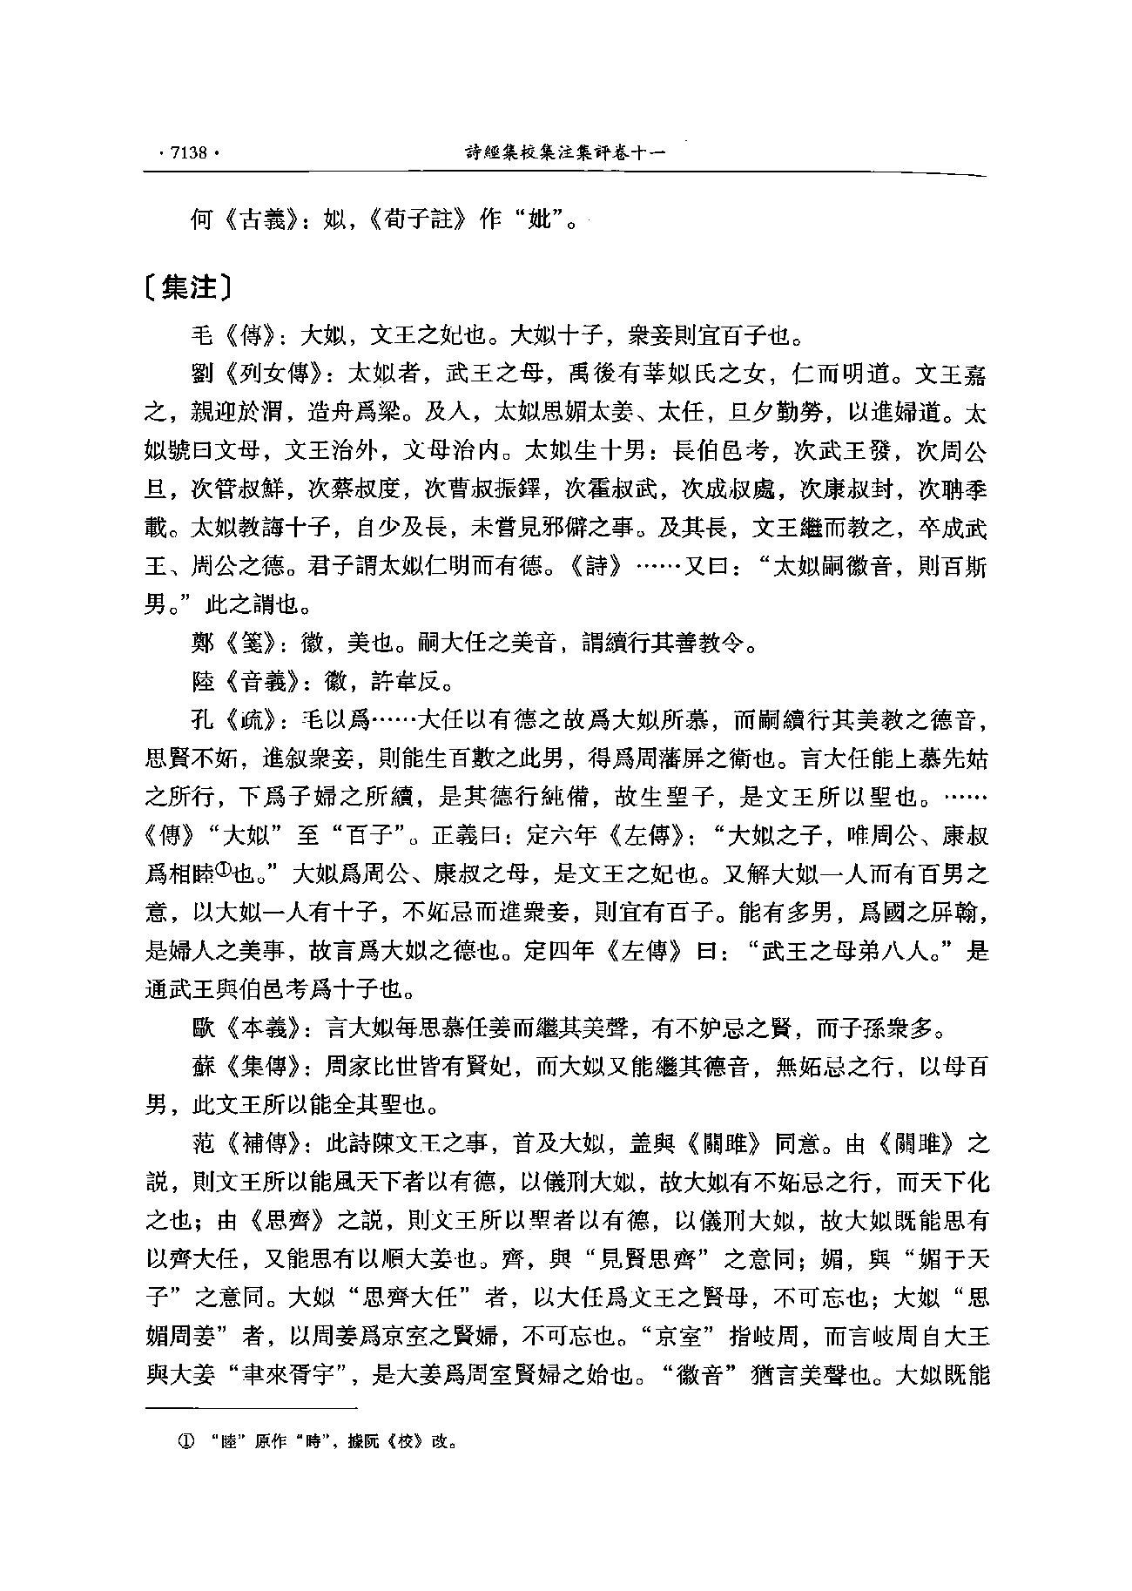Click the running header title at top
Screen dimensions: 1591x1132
[565, 152]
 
